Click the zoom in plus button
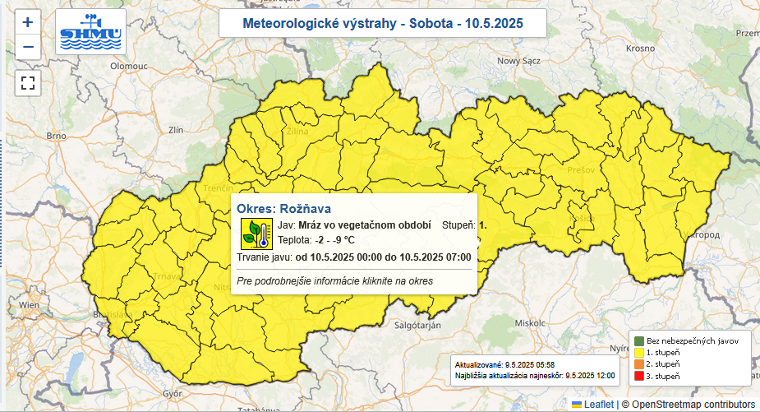[x=28, y=22]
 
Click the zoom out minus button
[x=28, y=47]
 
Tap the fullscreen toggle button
[x=28, y=82]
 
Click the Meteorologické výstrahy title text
[x=382, y=24]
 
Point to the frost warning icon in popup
[x=255, y=234]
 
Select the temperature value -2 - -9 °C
[x=333, y=241]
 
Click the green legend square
[x=638, y=340]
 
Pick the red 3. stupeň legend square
[x=638, y=376]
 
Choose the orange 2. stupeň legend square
[x=638, y=363]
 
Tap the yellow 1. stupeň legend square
[x=638, y=352]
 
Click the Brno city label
[x=56, y=136]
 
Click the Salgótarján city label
[x=408, y=326]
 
